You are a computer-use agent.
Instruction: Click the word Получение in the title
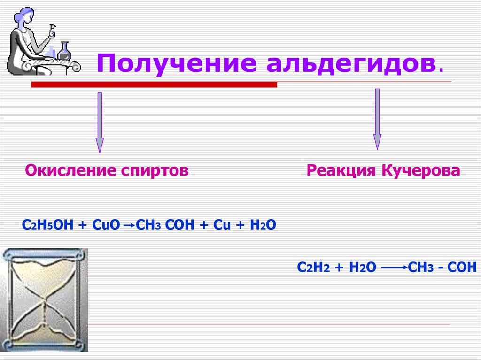point(177,63)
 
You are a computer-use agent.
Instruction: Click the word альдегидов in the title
point(355,63)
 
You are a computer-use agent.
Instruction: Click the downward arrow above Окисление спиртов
point(99,122)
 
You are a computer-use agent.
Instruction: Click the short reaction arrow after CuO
point(128,226)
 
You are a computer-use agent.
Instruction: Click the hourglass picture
point(44,300)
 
